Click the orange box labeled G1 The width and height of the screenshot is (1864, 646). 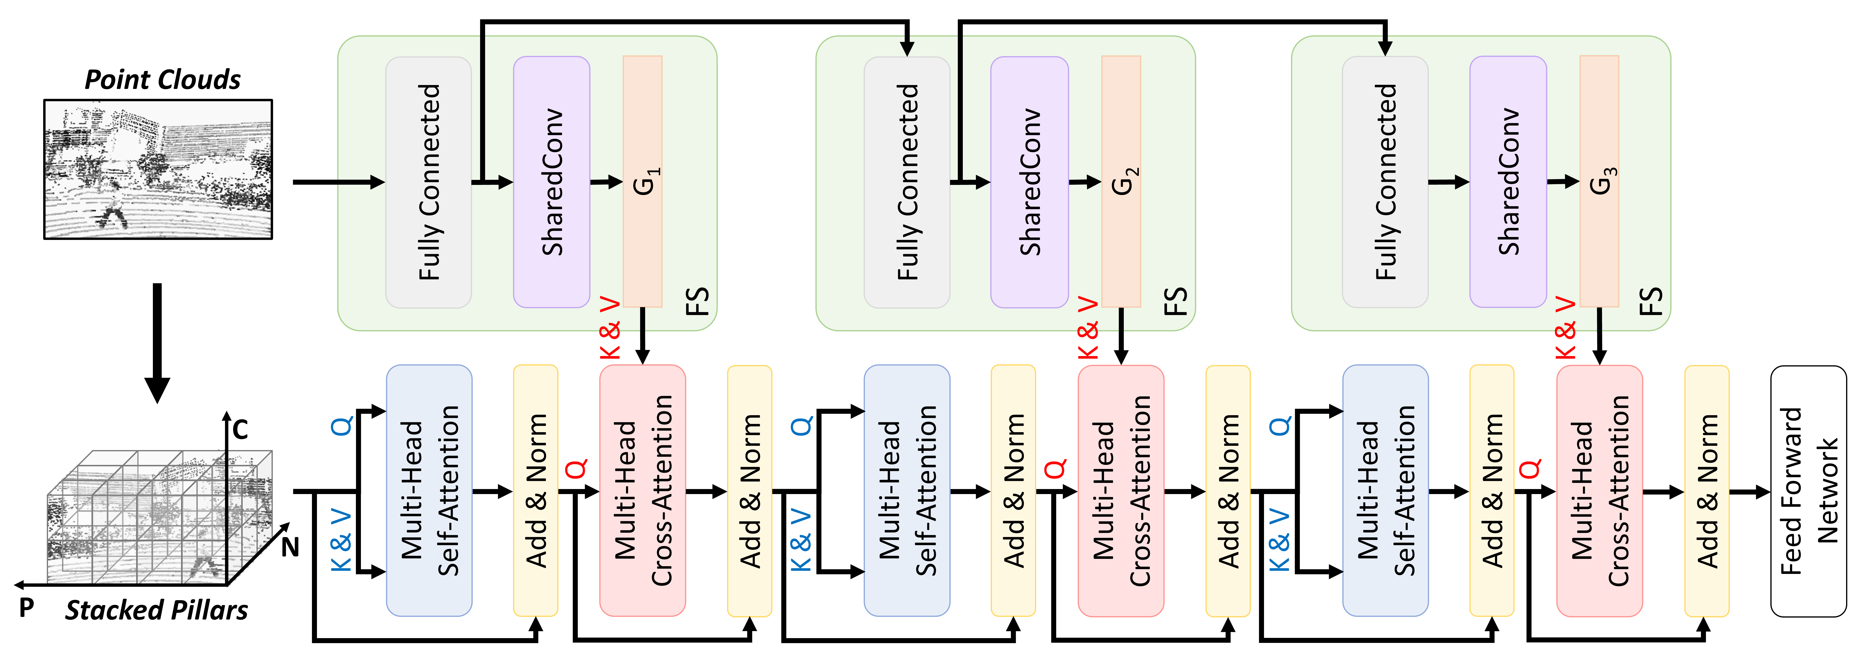pos(643,181)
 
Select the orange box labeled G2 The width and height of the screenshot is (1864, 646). pos(1121,181)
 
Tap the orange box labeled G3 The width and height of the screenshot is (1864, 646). pos(1599,181)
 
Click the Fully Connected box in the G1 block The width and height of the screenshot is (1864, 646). pos(428,182)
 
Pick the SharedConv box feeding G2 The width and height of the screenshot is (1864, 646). pos(1029,182)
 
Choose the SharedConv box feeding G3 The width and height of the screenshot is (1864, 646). pos(1508,182)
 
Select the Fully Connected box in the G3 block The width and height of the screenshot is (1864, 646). pos(1385,182)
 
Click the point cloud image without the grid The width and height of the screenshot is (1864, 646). pos(158,169)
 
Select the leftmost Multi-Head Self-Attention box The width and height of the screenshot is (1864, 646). pos(429,490)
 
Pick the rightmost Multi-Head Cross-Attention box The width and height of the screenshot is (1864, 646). pos(1599,490)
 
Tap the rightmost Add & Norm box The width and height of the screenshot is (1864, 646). pos(1707,490)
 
